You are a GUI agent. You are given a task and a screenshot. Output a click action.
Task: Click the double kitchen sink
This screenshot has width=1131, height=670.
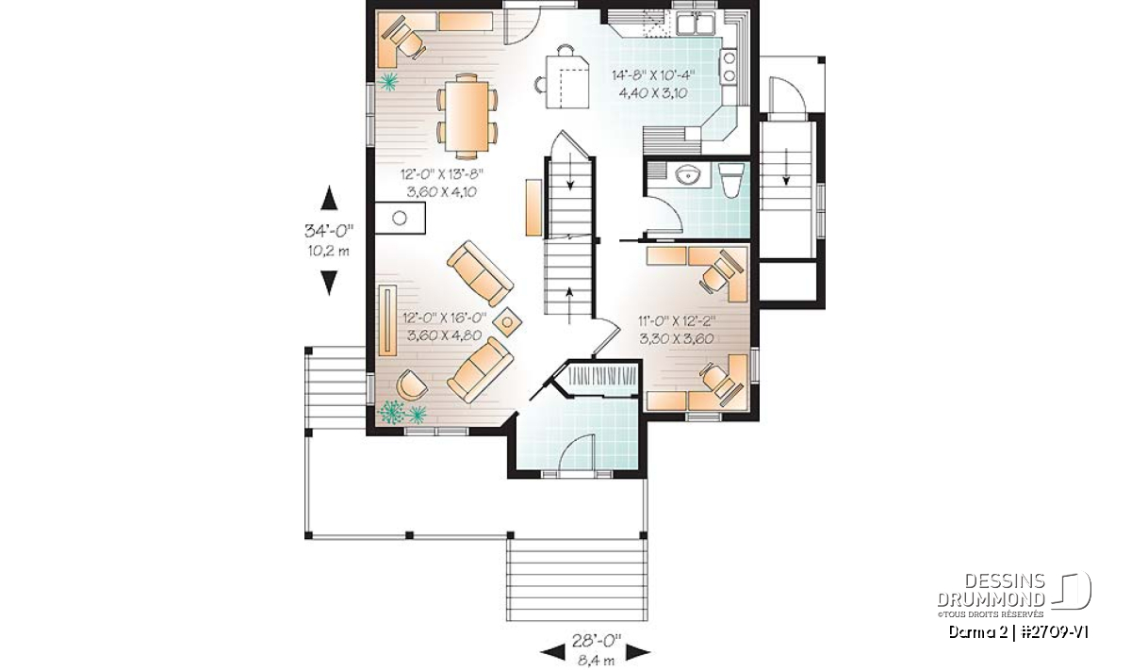[x=696, y=24]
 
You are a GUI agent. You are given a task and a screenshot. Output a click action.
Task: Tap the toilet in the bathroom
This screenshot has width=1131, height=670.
[x=731, y=180]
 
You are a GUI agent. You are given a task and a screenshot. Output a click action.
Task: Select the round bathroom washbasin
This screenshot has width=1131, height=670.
[x=688, y=174]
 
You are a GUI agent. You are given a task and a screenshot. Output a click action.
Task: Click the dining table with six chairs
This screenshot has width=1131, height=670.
[x=467, y=116]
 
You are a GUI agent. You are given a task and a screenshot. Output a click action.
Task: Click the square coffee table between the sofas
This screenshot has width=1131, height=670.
[x=507, y=321]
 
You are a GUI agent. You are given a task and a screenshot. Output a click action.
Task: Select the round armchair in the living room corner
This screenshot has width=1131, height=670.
[x=412, y=384]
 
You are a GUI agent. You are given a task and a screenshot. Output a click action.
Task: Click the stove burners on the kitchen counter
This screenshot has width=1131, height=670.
[x=729, y=66]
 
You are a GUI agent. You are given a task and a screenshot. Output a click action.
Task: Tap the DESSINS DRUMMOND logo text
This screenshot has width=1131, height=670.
[x=991, y=590]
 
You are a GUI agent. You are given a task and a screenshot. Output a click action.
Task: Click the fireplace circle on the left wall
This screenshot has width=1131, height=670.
[x=400, y=218]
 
